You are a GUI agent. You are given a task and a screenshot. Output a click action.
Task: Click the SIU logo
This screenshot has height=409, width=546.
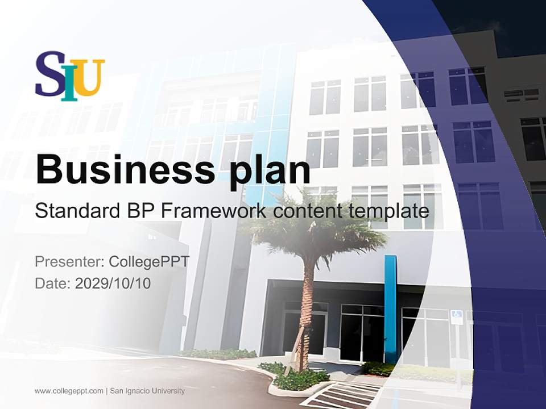70,76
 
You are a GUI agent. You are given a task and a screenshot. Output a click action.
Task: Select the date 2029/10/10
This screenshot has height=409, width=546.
113,283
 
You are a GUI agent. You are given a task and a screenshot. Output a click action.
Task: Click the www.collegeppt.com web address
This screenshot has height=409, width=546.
69,391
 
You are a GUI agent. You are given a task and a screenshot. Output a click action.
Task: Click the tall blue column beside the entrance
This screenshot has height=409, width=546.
390,307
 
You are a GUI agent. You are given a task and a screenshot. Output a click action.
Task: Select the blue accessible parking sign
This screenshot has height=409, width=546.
456,317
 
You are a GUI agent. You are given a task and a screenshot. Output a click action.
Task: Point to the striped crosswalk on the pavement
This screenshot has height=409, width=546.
347,395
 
